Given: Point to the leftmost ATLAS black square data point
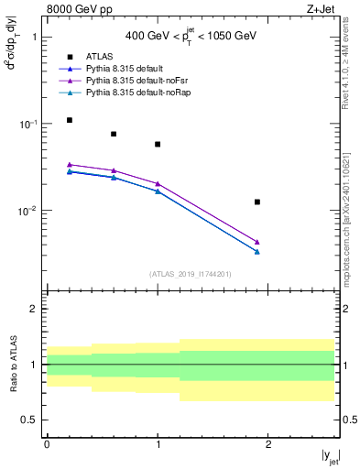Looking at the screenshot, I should [x=69, y=120].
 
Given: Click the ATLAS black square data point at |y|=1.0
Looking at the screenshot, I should [x=158, y=144].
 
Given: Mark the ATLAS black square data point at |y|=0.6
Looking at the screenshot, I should [x=114, y=134].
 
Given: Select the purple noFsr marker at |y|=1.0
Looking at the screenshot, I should [x=158, y=183].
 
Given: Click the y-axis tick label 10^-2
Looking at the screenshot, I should [x=27, y=211].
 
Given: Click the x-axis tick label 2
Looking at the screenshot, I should [x=268, y=443].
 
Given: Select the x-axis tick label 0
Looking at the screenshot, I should [x=47, y=443].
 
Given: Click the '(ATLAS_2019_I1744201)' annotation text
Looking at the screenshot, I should [x=191, y=274].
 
